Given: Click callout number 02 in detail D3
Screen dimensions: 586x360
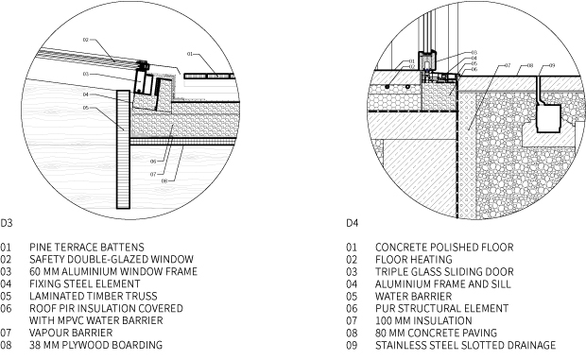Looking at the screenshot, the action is point(86,40).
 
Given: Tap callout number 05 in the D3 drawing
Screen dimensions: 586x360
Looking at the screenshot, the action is point(86,108).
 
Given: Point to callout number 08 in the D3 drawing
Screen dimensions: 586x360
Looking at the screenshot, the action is point(164,181).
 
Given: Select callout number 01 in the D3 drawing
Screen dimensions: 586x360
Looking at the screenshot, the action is point(190,54).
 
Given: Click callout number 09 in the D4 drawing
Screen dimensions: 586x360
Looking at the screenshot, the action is point(552,66).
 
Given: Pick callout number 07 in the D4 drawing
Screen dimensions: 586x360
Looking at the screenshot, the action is point(508,65).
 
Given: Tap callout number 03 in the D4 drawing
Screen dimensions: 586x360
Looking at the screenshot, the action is point(474,53).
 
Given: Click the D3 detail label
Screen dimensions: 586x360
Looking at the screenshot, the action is point(7,223).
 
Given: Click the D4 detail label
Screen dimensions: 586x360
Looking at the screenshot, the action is point(352,223).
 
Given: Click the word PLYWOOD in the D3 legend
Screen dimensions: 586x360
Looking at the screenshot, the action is point(85,345).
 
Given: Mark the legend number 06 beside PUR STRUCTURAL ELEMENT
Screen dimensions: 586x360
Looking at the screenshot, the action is point(352,308).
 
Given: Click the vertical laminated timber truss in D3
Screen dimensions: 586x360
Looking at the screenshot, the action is point(123,149).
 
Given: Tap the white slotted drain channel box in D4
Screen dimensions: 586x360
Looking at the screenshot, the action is point(548,118).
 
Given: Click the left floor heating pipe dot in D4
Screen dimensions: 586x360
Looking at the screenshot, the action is point(388,87).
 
